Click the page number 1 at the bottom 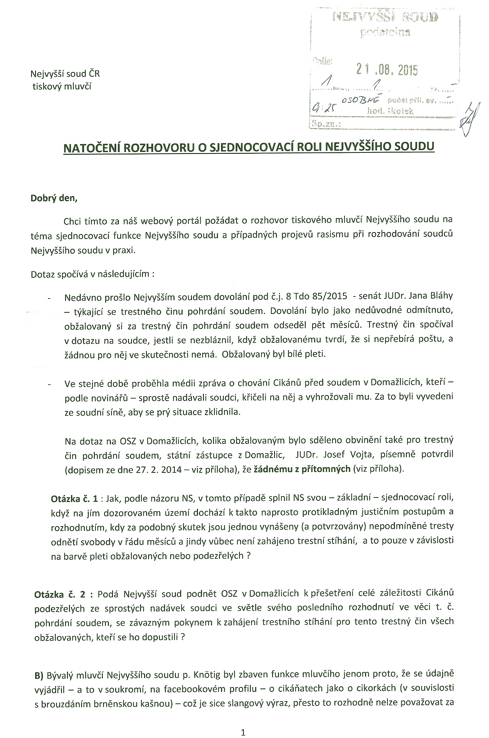[243, 731]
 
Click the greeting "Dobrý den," [54, 198]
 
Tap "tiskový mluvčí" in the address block [62, 86]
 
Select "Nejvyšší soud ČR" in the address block [65, 73]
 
